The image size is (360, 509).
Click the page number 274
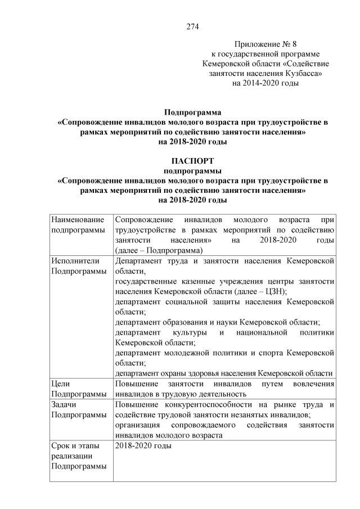pyautogui.click(x=193, y=26)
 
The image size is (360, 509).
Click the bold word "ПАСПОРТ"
pyautogui.click(x=192, y=161)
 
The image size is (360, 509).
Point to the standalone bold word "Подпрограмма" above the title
pyautogui.click(x=192, y=111)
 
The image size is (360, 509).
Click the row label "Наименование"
pyautogui.click(x=78, y=220)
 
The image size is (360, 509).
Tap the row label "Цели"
pyautogui.click(x=60, y=384)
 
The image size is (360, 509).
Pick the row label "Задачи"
pyautogui.click(x=63, y=405)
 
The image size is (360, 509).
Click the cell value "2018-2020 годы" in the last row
pyautogui.click(x=143, y=446)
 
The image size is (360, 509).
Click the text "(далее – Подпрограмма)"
pyautogui.click(x=159, y=250)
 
